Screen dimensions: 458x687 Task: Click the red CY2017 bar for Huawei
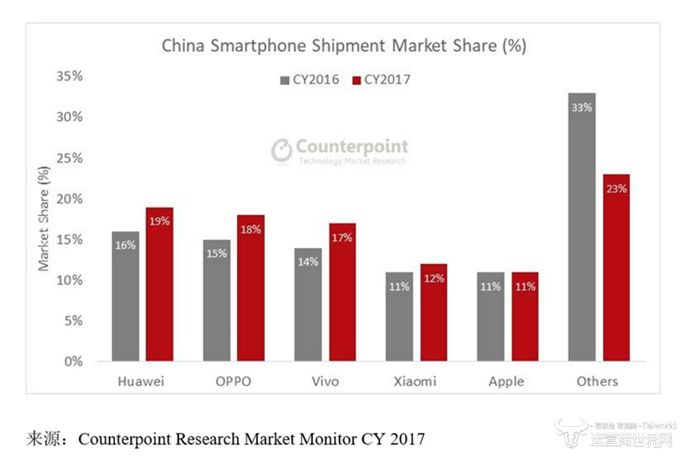[159, 284]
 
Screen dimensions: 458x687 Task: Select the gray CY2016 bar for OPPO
[216, 300]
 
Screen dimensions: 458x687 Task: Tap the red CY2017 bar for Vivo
[341, 292]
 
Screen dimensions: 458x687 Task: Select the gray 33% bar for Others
[581, 227]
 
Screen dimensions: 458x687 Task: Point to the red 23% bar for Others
[616, 267]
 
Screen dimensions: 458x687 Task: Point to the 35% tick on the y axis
[69, 76]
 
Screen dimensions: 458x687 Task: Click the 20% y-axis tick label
[69, 198]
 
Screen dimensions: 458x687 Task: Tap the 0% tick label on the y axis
[73, 361]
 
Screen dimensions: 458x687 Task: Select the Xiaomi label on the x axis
[415, 382]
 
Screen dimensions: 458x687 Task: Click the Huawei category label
[141, 382]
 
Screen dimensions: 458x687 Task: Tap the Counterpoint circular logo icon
[282, 150]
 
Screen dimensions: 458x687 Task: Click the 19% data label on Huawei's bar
[159, 221]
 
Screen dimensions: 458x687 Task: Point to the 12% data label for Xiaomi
[433, 277]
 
